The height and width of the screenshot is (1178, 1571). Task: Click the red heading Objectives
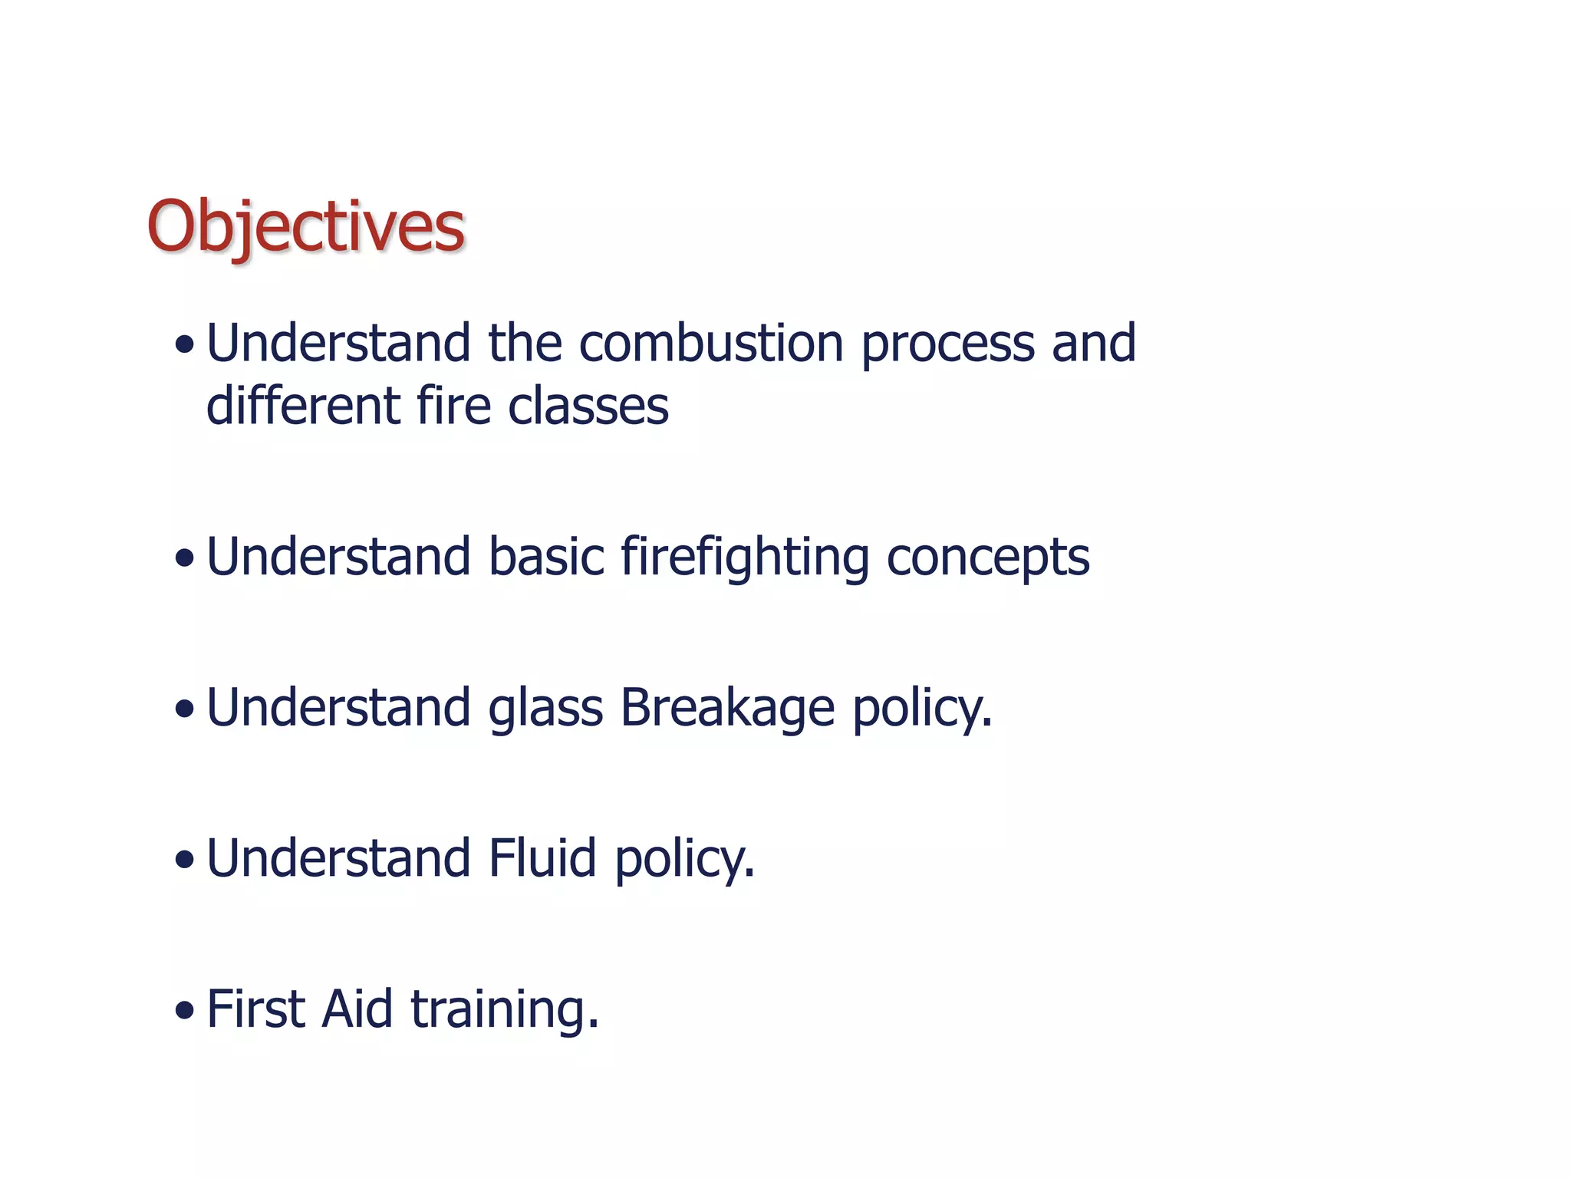point(305,227)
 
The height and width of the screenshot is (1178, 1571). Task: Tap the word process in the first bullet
point(947,345)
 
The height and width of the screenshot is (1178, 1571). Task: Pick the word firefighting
point(744,558)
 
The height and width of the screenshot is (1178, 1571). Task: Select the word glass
point(545,709)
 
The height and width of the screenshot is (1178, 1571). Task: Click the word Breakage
point(726,708)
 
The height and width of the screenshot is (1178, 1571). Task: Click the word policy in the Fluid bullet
point(684,860)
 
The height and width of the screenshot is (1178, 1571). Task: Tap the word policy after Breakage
point(922,709)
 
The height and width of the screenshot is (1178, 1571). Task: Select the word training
point(504,1010)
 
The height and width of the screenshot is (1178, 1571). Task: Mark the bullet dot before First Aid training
point(184,1011)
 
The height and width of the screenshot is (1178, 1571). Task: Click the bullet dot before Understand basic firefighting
point(184,558)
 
